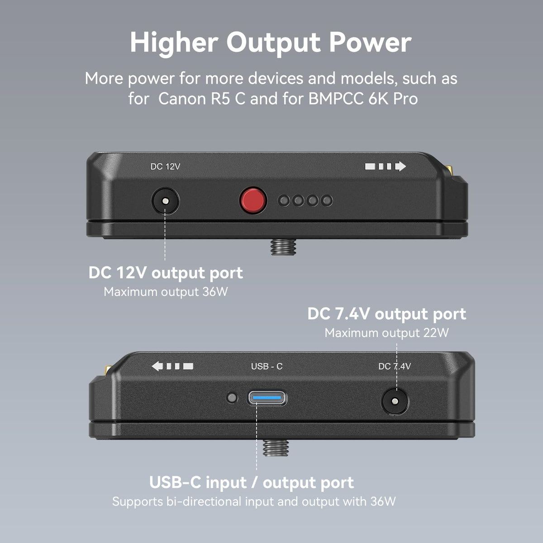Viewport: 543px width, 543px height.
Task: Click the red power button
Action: pyautogui.click(x=253, y=200)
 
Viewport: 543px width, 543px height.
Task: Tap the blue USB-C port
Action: pyautogui.click(x=267, y=398)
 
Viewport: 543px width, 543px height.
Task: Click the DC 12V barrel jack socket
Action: pyautogui.click(x=166, y=201)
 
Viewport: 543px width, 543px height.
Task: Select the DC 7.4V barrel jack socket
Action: pyautogui.click(x=395, y=401)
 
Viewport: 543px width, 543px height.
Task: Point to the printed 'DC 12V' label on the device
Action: pyautogui.click(x=165, y=167)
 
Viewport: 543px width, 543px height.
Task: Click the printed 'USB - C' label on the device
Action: pyautogui.click(x=267, y=366)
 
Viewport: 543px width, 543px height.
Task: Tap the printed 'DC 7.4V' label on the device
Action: pyautogui.click(x=395, y=366)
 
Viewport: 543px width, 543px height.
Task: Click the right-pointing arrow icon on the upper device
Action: pyautogui.click(x=400, y=166)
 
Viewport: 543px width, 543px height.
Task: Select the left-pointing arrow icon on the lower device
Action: pyautogui.click(x=157, y=366)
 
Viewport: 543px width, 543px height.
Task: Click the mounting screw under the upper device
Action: pyautogui.click(x=283, y=247)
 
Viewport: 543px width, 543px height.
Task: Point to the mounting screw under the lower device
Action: pyautogui.click(x=276, y=447)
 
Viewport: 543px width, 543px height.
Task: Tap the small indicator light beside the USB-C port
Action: pyautogui.click(x=232, y=398)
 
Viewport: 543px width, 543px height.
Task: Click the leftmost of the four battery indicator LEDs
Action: pyautogui.click(x=284, y=200)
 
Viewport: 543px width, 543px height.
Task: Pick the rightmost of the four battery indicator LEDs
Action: pyautogui.click(x=327, y=200)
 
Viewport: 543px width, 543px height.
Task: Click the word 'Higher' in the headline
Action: pyautogui.click(x=174, y=43)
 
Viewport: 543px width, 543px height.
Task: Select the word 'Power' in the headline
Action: pyautogui.click(x=370, y=43)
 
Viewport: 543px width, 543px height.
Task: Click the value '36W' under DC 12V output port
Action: pyautogui.click(x=215, y=292)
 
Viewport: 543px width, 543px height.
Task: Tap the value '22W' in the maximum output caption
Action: pyautogui.click(x=436, y=333)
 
